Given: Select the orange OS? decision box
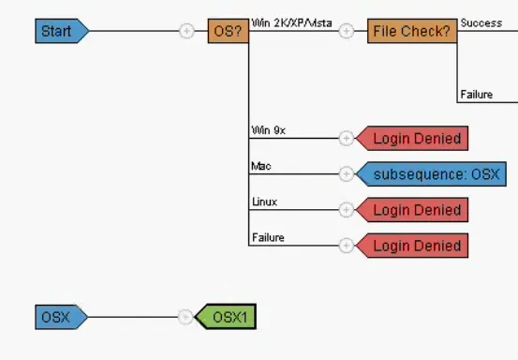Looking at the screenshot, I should coord(228,32).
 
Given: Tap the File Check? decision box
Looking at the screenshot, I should coord(411,32).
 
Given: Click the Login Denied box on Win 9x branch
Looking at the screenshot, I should coord(415,139).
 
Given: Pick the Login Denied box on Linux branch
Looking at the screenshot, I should coord(415,210).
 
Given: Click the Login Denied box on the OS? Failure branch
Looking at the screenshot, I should coord(415,246).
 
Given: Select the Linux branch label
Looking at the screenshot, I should coord(264,202).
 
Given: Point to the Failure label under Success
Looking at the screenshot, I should coord(477,94).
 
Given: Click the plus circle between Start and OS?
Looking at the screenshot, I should coord(186,32).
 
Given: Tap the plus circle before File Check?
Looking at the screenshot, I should coord(346,32).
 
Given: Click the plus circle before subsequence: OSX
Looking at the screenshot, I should coord(346,174).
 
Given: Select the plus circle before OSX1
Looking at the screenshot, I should coord(185,317).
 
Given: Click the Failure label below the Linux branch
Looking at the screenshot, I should coord(268,237).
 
